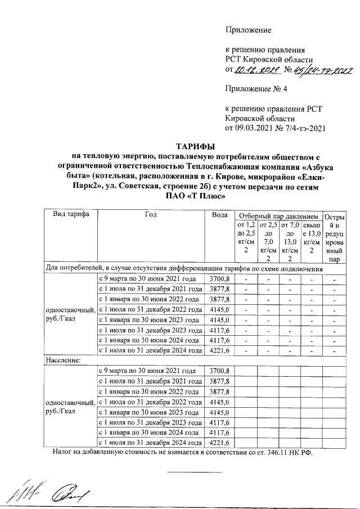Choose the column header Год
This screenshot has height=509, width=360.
pyautogui.click(x=150, y=215)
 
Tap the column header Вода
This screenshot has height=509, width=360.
pyautogui.click(x=219, y=215)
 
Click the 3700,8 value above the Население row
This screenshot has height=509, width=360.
pyautogui.click(x=219, y=279)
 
